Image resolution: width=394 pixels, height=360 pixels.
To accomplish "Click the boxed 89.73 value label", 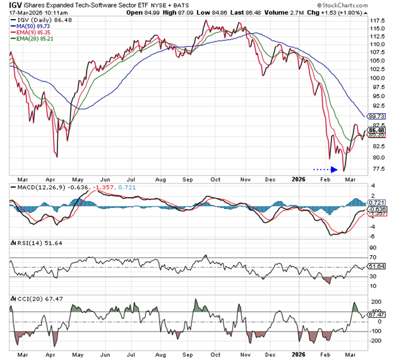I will [x=376, y=116].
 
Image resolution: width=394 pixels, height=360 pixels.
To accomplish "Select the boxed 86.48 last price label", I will [x=376, y=130].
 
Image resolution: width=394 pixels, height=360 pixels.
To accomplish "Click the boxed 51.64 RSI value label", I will [x=376, y=266].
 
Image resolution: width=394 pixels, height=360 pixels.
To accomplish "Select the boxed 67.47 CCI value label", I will [x=376, y=314].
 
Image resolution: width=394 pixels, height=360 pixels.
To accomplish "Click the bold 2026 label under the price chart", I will [x=299, y=177].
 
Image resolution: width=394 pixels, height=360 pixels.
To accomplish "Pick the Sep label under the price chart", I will [x=188, y=177].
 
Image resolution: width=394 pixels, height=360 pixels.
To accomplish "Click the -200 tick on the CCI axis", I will [x=375, y=340].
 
